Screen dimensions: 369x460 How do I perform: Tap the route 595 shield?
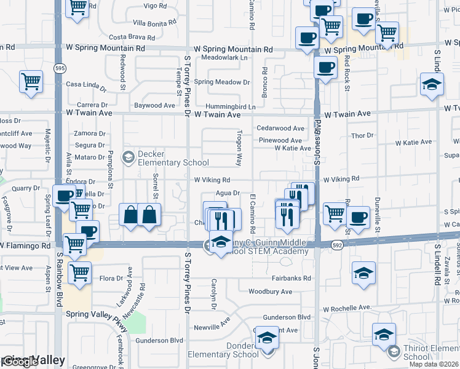coord(59,68)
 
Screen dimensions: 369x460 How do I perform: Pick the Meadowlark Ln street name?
coord(224,58)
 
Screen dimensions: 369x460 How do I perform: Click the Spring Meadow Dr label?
coord(222,82)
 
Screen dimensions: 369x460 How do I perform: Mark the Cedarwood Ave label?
coord(280,129)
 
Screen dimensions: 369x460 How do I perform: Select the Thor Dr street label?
coord(362,135)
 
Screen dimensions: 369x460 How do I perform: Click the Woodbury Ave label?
coord(270,292)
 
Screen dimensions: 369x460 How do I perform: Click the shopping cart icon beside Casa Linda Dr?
coord(31,82)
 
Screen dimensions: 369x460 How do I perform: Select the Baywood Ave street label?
coord(155,105)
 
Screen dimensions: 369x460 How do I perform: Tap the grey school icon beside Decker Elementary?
coord(128,157)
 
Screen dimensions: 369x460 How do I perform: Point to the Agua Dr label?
coord(228,192)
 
